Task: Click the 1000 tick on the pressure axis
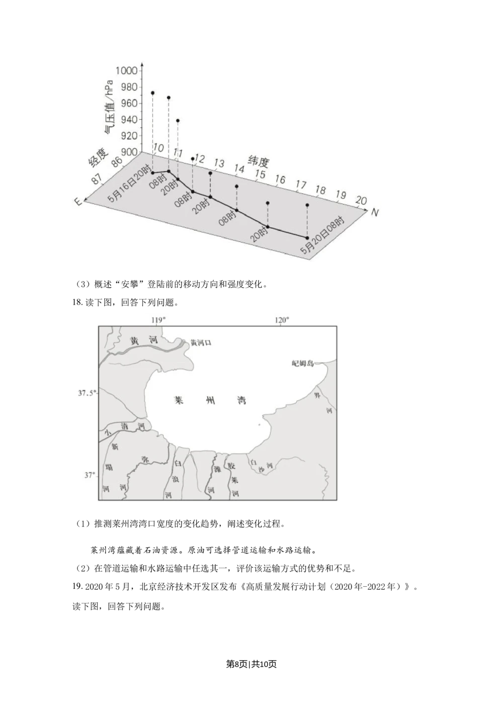point(126,71)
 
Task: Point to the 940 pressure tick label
point(128,120)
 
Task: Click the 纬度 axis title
point(259,162)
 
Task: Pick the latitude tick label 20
point(361,201)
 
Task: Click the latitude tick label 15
point(260,174)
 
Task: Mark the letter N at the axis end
point(374,213)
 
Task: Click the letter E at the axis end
point(78,201)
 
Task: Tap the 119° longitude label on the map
point(158,320)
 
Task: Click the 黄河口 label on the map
point(201,342)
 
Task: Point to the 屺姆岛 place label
point(303,363)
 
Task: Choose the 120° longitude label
point(281,320)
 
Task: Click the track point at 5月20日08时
point(307,237)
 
